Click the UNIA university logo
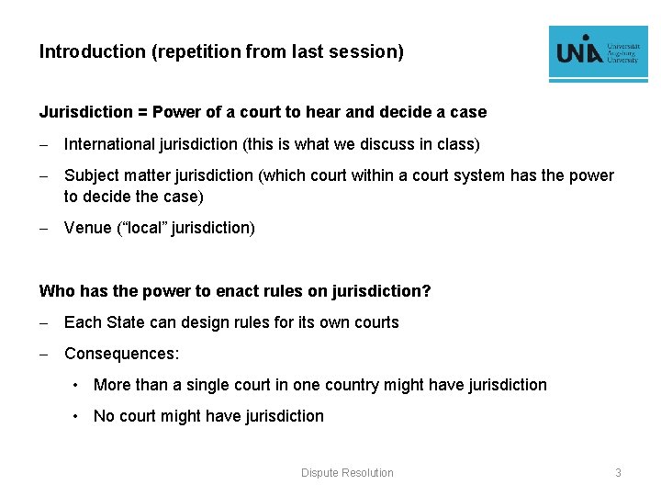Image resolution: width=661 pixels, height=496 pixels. click(x=598, y=54)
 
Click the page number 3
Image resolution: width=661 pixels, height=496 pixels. click(x=618, y=472)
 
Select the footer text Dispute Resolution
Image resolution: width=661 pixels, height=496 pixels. click(x=347, y=472)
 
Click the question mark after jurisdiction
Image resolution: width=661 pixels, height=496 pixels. click(x=426, y=291)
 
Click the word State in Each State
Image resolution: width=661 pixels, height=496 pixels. click(x=129, y=322)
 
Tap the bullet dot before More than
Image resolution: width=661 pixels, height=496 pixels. click(x=79, y=385)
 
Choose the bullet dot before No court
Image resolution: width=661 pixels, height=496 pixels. click(x=79, y=416)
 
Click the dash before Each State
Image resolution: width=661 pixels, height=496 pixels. click(x=43, y=322)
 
